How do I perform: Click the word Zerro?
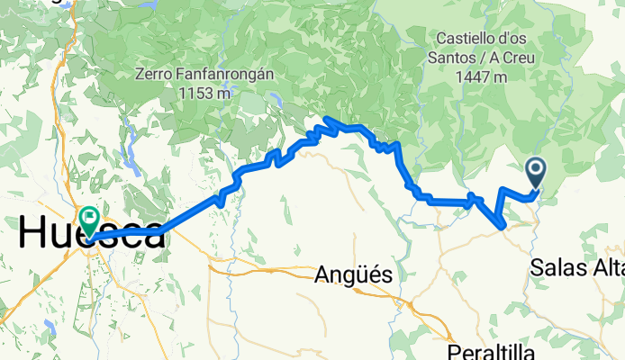coord(156,73)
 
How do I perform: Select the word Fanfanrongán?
coord(222,73)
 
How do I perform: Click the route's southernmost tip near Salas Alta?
coord(502,227)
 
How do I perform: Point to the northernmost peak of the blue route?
coord(328,119)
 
